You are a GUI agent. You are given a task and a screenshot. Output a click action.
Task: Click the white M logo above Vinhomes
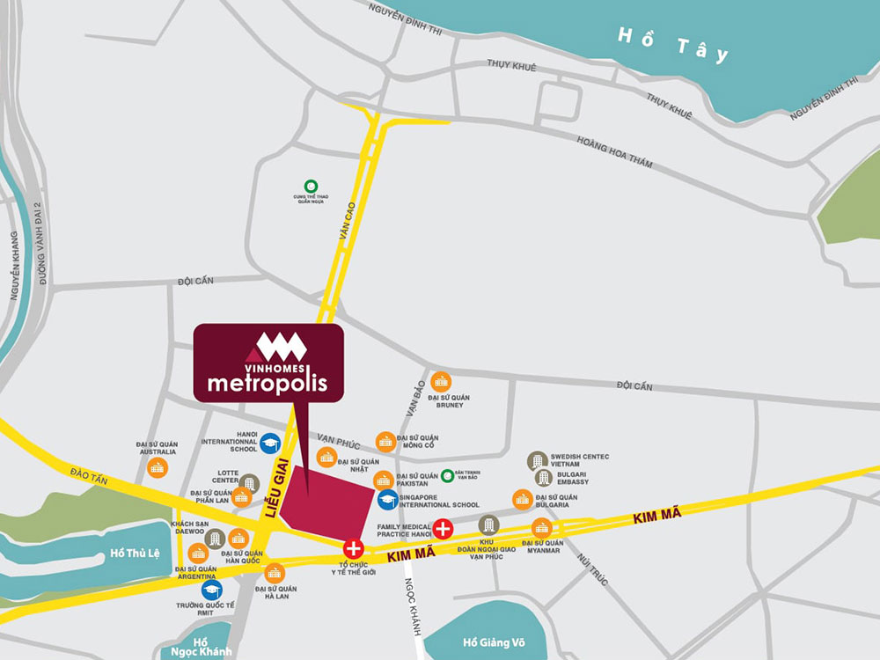(282, 346)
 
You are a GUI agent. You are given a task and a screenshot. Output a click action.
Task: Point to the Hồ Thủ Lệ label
(131, 554)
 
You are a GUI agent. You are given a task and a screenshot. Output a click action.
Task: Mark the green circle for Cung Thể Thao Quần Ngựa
(310, 186)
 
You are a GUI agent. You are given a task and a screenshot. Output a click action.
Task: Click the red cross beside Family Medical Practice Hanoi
(444, 529)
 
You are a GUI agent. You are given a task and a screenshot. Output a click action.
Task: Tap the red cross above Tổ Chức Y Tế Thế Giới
(354, 546)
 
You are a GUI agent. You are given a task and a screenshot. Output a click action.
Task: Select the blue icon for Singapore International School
(386, 500)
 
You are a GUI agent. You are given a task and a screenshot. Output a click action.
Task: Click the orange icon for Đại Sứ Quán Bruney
(441, 381)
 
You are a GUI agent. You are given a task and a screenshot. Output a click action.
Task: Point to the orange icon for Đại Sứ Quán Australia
(158, 467)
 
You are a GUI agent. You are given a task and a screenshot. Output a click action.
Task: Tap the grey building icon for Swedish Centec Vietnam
(537, 461)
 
